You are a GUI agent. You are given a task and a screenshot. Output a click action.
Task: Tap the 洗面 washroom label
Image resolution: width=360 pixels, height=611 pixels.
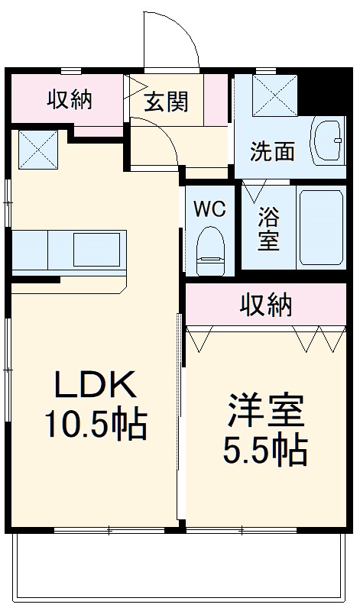[x=273, y=150]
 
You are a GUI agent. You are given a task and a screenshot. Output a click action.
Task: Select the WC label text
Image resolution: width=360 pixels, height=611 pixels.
[x=208, y=209]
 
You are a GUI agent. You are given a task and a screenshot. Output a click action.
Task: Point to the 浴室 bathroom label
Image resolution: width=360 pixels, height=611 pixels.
[x=268, y=227]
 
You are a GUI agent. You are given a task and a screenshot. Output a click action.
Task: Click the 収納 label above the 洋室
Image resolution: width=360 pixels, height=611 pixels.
[x=267, y=305]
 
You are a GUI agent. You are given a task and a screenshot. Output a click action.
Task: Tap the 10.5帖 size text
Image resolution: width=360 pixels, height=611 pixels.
[x=96, y=425]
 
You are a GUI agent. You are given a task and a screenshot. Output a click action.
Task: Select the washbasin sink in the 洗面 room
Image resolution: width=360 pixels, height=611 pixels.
[x=329, y=140]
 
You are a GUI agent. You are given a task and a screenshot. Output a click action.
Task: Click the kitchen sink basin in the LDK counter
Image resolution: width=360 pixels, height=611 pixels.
[x=95, y=249]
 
